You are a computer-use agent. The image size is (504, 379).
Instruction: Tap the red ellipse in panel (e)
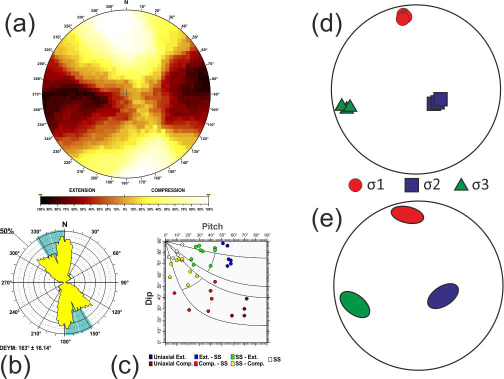407,214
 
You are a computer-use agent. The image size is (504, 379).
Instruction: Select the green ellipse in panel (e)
354,304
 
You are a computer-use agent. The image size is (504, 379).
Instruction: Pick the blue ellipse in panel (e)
443,295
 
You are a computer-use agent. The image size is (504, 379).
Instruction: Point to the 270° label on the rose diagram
7,283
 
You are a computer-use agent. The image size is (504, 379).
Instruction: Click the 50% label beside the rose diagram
6,231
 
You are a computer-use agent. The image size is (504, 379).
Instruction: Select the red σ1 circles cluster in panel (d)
403,16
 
